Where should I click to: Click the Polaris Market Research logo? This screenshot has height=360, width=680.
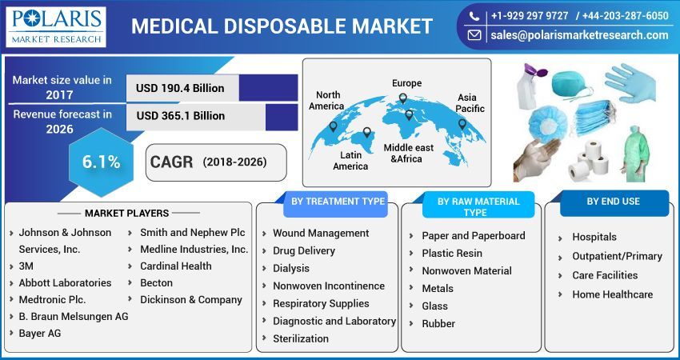55,26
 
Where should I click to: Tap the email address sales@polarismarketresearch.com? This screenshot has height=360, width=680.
578,35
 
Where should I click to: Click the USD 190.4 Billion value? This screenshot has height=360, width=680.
180,88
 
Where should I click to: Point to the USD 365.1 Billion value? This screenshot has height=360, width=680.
181,116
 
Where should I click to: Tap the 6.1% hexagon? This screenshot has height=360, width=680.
101,162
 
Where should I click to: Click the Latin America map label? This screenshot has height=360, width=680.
350,160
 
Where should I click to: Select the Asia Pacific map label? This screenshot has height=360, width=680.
470,102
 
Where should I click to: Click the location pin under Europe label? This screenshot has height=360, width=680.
402,98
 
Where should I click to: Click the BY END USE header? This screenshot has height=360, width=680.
613,202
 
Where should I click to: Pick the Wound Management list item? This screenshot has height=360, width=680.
321,233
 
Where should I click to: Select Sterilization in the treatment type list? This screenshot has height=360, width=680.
301,338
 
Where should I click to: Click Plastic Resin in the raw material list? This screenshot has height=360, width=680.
452,253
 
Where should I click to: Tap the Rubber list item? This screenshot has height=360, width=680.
438,323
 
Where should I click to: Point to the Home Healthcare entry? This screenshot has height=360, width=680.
612,294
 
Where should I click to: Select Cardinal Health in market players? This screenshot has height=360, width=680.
175,266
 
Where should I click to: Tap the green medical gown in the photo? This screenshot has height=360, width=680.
635,156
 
